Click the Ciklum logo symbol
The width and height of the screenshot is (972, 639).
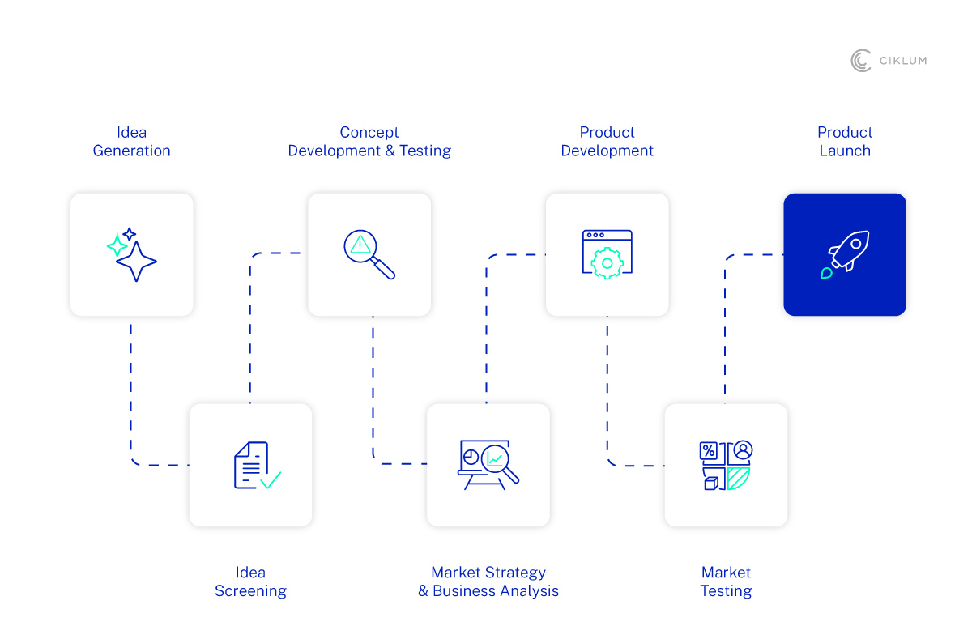tap(860, 61)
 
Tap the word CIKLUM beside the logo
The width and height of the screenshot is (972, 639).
tap(902, 61)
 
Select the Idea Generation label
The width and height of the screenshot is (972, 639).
tap(131, 142)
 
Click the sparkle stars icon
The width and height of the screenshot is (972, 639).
tap(132, 254)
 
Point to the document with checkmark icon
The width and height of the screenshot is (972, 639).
tap(256, 465)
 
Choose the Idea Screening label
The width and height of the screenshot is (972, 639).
tap(250, 581)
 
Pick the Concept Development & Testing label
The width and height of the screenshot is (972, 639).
tap(369, 142)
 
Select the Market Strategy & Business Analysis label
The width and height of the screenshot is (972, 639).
tap(488, 581)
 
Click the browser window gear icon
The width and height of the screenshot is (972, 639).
tap(607, 254)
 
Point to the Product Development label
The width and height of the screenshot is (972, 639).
tap(607, 142)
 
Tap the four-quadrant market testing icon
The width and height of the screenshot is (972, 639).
tap(726, 466)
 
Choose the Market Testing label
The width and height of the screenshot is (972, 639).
tap(726, 581)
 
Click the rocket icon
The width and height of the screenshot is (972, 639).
tap(845, 254)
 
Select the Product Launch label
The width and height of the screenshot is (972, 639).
tap(845, 142)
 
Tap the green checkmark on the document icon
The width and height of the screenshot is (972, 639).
tap(271, 479)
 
